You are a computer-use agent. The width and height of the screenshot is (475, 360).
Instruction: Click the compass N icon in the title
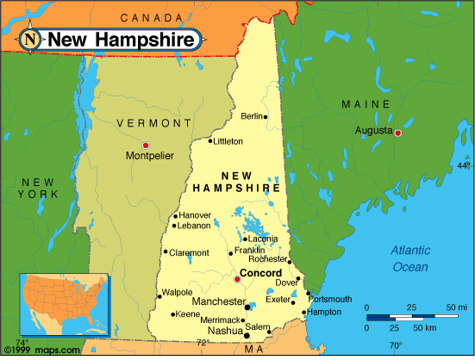click(31, 39)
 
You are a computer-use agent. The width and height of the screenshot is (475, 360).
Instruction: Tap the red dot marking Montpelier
click(146, 145)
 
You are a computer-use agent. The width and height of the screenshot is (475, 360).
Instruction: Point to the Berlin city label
click(252, 116)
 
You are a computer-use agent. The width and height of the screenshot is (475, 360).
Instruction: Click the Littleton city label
click(228, 141)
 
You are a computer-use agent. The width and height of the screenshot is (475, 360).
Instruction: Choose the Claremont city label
click(189, 252)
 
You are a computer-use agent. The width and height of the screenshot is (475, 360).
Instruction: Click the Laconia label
click(262, 239)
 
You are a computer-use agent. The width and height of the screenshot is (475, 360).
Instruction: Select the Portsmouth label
click(332, 299)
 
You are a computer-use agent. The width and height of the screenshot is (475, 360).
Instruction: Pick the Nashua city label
click(225, 331)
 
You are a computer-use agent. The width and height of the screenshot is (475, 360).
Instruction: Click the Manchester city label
click(217, 302)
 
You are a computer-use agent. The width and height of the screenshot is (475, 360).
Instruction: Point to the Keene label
click(188, 314)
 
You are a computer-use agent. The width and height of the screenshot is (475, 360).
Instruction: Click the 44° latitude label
click(464, 165)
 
